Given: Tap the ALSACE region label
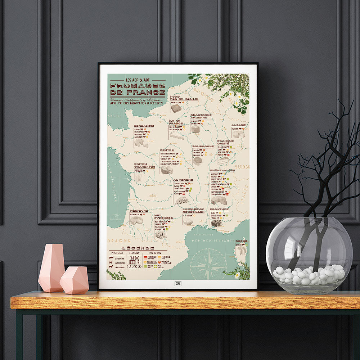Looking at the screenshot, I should pyautogui.click(x=238, y=125).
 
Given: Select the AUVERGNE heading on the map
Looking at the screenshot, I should pyautogui.click(x=183, y=180).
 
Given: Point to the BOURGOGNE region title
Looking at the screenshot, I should pyautogui.click(x=203, y=147).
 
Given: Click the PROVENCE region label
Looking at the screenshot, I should pyautogui.click(x=219, y=209).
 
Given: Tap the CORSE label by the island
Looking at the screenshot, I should pyautogui.click(x=241, y=241).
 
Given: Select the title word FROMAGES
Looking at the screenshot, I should pyautogui.click(x=138, y=86).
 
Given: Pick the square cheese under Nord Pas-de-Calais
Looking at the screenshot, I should pyautogui.click(x=176, y=108).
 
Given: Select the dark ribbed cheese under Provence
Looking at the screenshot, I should pyautogui.click(x=216, y=223).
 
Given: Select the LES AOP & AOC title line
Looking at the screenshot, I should pyautogui.click(x=138, y=80).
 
